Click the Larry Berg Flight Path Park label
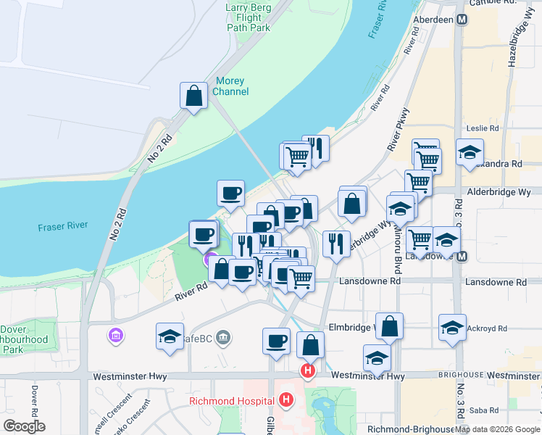[248, 18]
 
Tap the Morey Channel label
[231, 86]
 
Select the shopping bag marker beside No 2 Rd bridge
[193, 96]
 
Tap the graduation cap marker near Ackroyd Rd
[452, 327]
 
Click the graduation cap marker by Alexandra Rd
[470, 153]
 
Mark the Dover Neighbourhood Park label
[24, 340]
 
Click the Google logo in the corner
[24, 426]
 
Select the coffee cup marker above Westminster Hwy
[276, 341]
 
